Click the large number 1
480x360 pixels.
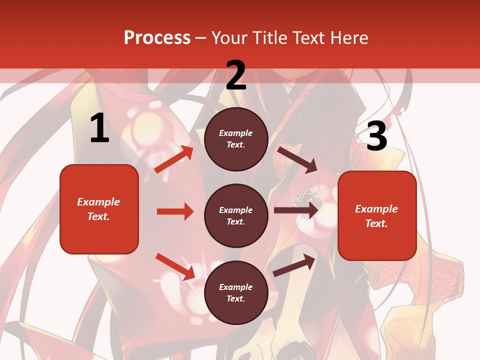(x=99, y=128)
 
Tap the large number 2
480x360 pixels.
(x=236, y=75)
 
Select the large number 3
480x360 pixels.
(x=376, y=136)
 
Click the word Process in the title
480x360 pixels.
(x=157, y=37)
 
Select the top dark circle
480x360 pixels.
(x=236, y=139)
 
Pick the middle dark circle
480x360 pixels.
(x=236, y=215)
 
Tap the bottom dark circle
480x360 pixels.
(x=236, y=292)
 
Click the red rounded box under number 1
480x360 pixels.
(x=99, y=209)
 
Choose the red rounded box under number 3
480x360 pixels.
(x=377, y=215)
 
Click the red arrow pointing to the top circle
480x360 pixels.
(x=173, y=159)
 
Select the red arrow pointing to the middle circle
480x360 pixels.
(x=175, y=211)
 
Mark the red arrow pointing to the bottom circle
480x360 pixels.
(x=175, y=266)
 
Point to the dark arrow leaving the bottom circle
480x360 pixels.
(x=294, y=265)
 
